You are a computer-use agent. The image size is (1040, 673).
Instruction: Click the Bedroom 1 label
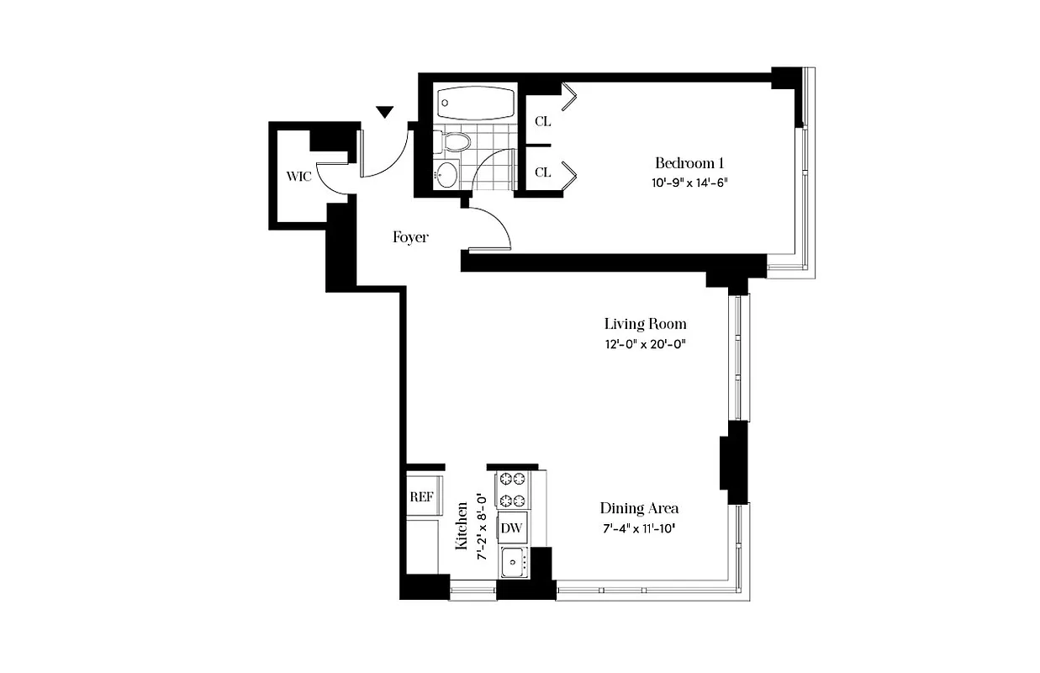coord(689,163)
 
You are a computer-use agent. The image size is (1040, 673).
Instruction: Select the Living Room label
coord(645,324)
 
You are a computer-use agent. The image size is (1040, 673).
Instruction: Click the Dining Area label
coord(639,508)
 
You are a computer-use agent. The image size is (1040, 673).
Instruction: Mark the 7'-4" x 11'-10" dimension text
coord(639,528)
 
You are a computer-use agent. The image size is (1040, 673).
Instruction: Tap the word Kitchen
coord(462,527)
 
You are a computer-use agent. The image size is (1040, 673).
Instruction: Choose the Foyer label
coord(410,237)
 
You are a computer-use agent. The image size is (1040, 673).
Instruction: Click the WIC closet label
coord(298,177)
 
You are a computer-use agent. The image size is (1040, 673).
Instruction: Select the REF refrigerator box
coord(421,496)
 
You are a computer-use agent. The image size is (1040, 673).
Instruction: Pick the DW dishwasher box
coord(512,528)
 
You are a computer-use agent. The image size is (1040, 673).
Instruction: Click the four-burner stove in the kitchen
coord(512,490)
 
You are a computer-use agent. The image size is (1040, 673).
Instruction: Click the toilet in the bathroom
coord(455,140)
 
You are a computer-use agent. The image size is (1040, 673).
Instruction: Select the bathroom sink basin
coord(447,175)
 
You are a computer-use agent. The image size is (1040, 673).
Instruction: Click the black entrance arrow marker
coord(385,112)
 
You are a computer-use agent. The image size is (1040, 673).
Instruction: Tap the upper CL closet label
coord(543,121)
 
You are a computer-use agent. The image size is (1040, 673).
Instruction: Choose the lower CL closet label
coord(543,172)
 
